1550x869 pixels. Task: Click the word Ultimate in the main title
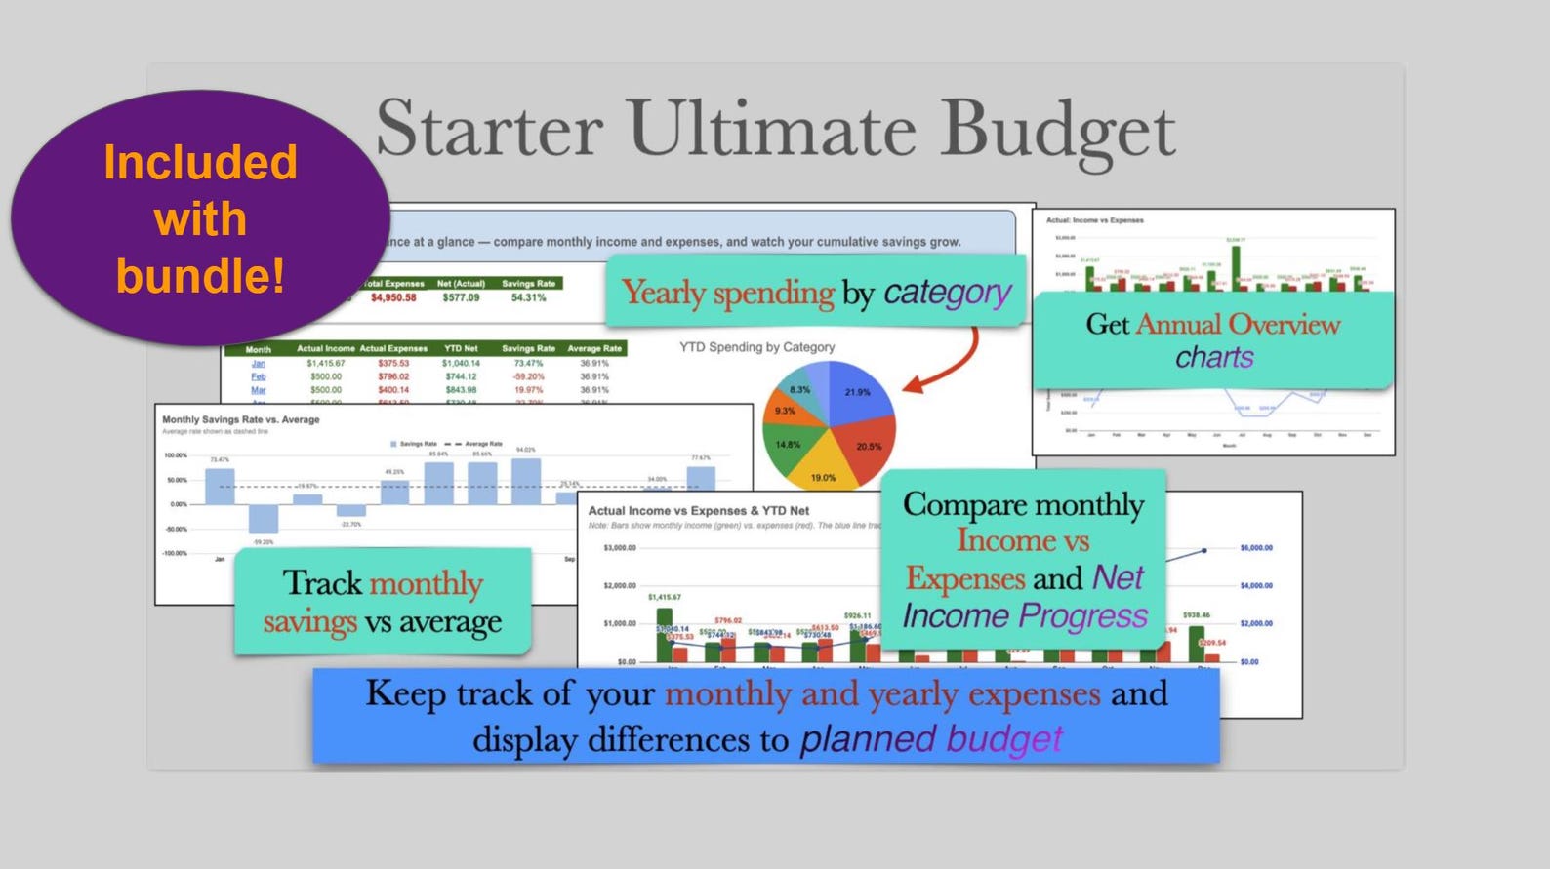(772, 130)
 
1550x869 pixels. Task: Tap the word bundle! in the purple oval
(200, 276)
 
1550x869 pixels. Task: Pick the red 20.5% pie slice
(864, 445)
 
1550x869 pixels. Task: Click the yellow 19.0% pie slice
(823, 469)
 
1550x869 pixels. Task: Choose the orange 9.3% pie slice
(783, 411)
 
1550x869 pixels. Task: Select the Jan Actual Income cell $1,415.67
(325, 363)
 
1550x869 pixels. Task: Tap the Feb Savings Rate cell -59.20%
(528, 376)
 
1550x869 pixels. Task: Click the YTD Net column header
(461, 348)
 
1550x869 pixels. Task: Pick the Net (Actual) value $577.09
(461, 297)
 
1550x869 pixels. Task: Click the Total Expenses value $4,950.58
(392, 297)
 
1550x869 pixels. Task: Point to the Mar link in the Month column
(258, 390)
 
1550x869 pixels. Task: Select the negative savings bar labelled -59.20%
(263, 519)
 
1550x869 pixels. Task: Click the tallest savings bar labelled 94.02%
(525, 481)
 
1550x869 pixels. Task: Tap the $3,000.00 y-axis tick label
(620, 548)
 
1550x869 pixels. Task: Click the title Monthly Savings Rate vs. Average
(241, 419)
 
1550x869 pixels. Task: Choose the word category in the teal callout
(947, 293)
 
